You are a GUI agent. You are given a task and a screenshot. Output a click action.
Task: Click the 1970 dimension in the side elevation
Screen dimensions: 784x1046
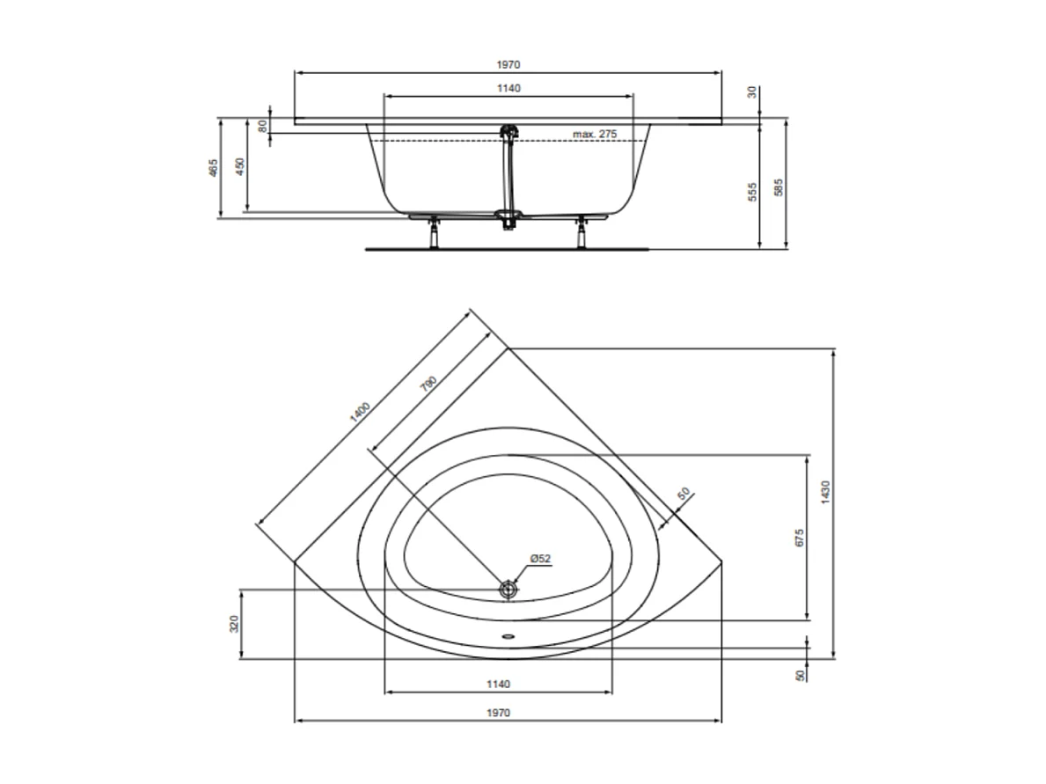click(x=508, y=64)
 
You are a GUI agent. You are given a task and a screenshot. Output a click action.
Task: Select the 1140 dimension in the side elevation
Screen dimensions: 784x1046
click(x=508, y=88)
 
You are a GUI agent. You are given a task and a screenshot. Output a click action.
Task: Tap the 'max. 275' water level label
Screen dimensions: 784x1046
click(x=595, y=134)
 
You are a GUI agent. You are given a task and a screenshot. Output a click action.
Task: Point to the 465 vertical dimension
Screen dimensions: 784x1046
click(x=213, y=168)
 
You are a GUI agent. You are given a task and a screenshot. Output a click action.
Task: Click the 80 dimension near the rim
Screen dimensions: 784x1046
click(x=261, y=125)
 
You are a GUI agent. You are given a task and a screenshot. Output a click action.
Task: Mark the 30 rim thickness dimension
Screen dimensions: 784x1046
click(x=753, y=92)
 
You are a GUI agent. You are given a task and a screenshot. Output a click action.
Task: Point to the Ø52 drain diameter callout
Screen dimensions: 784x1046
click(x=540, y=559)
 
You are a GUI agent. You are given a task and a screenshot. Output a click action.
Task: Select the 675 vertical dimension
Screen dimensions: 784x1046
click(x=799, y=538)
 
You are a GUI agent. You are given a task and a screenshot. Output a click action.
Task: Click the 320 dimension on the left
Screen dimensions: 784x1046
click(x=233, y=624)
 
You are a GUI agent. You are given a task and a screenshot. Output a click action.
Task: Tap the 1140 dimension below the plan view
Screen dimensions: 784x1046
click(x=497, y=684)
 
